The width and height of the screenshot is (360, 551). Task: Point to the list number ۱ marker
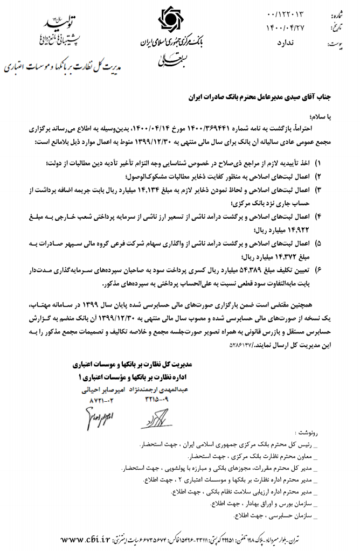pyautogui.click(x=317, y=164)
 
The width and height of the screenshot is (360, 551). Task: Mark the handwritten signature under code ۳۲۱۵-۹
pyautogui.click(x=156, y=417)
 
